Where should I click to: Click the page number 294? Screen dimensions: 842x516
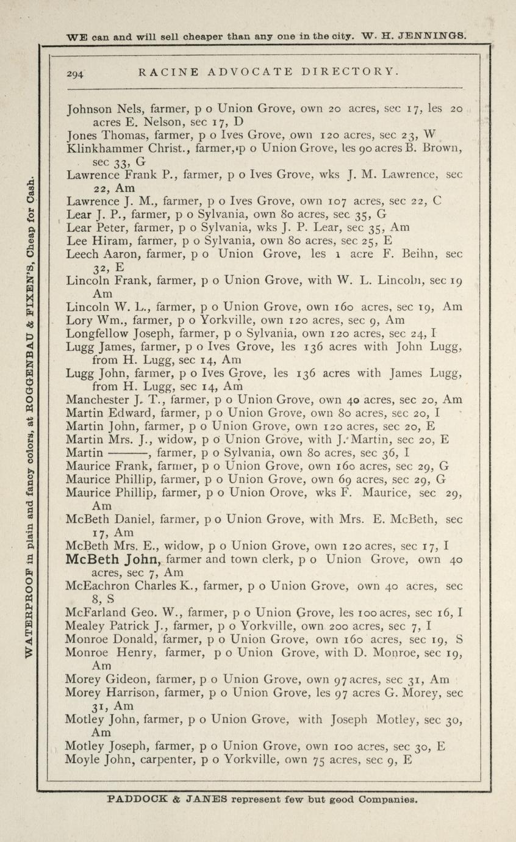[76, 73]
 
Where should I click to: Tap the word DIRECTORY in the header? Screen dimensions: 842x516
[350, 71]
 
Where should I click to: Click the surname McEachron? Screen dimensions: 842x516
[99, 586]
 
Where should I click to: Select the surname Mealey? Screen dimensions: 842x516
[84, 625]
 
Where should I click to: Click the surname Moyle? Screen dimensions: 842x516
[83, 760]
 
